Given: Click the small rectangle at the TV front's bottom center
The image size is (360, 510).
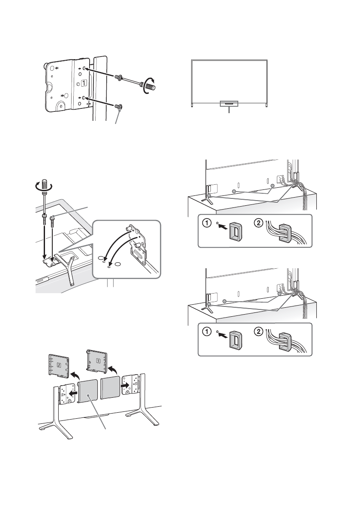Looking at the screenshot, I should pos(229,104).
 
